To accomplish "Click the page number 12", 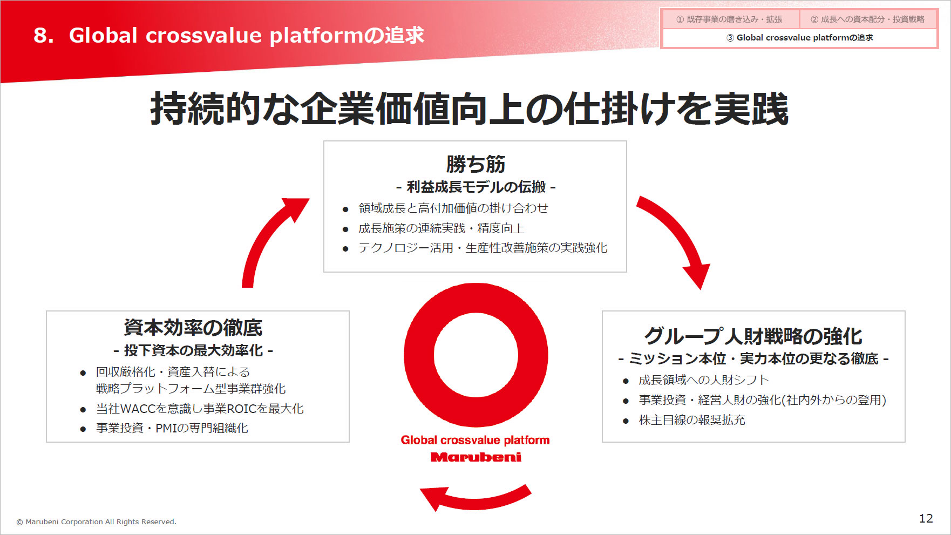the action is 926,518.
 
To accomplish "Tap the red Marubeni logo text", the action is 476,457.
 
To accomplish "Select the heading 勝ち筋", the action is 475,164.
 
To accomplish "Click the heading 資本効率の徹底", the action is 193,328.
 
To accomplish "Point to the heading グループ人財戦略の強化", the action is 753,336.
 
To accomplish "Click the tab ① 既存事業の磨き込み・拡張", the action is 729,19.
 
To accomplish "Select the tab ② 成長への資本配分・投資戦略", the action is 867,19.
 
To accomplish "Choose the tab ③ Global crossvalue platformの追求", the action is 799,38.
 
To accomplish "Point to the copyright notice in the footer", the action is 96,522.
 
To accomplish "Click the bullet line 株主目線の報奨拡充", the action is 692,420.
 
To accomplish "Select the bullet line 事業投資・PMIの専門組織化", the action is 172,428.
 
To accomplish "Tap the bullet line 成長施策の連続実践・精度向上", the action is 441,228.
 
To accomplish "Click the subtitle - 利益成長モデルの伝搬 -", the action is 475,187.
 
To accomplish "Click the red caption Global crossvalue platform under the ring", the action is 475,440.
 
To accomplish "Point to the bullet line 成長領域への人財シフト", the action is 703,380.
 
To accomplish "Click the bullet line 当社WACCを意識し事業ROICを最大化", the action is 200,409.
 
